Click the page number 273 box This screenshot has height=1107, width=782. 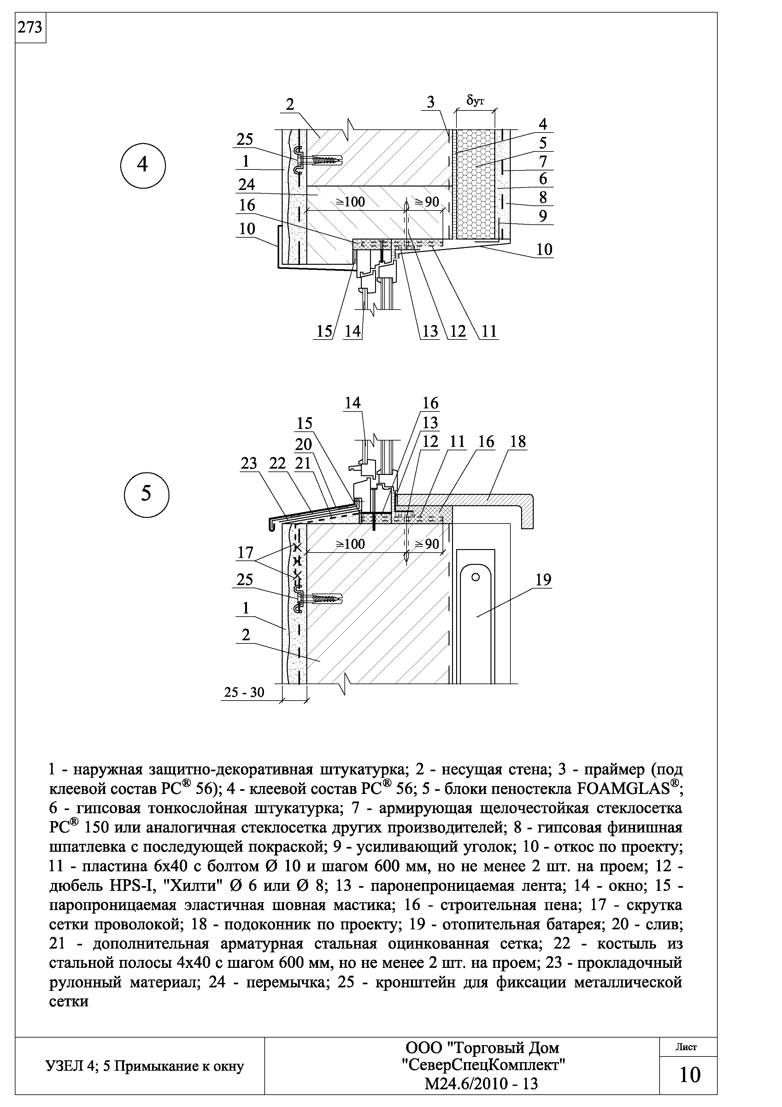30,28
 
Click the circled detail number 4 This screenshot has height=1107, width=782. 143,165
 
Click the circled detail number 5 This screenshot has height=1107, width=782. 146,494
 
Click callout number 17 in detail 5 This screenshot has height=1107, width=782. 246,553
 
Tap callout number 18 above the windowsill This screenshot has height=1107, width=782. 518,442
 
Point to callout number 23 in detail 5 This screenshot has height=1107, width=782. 249,463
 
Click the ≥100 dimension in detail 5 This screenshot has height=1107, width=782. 350,544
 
